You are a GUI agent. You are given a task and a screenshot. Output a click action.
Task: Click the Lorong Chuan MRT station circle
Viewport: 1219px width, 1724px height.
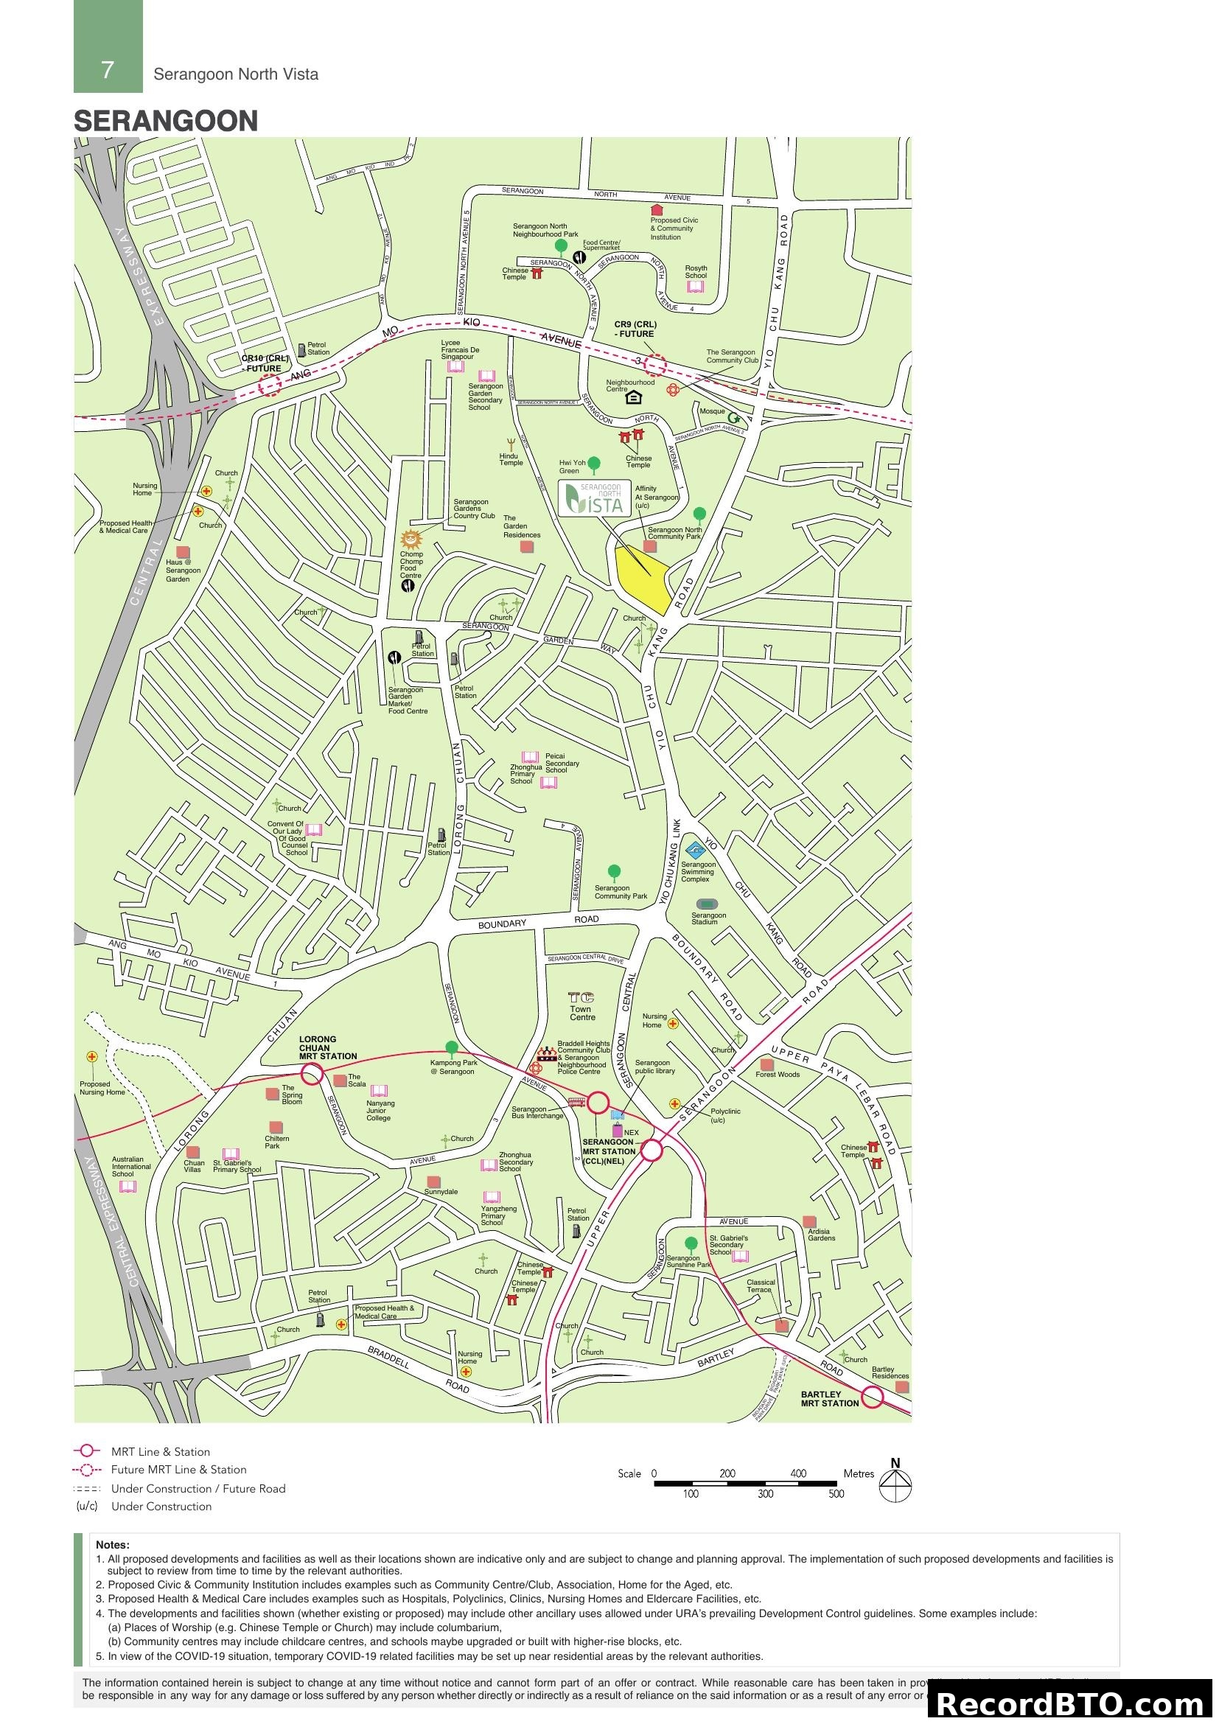[312, 1074]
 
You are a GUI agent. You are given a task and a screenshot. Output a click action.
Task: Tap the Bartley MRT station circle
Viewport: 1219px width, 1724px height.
[872, 1397]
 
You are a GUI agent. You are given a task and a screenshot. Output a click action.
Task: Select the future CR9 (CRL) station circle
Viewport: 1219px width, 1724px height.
[655, 365]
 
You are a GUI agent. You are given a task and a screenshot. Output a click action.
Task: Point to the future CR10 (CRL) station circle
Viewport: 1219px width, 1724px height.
[270, 386]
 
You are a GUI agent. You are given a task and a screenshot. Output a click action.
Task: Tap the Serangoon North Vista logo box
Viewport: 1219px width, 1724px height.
[594, 498]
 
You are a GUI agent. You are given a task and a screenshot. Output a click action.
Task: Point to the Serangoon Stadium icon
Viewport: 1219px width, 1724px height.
[707, 904]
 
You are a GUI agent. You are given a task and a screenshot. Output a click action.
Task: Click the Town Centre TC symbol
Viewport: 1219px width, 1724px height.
[581, 998]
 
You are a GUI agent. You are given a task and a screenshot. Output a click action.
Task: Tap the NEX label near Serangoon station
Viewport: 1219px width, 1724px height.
[632, 1133]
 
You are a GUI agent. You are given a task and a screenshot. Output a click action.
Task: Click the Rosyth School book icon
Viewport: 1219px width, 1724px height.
[696, 287]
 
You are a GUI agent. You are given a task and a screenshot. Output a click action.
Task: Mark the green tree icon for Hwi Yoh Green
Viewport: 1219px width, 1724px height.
[594, 464]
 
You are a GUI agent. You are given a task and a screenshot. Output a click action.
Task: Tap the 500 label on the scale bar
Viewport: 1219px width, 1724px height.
[836, 1494]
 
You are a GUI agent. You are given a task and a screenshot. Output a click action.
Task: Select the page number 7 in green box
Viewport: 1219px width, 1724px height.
[108, 70]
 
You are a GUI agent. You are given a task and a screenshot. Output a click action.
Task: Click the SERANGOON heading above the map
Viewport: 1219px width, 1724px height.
[166, 121]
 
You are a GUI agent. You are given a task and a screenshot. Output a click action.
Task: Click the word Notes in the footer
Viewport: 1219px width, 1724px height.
[113, 1545]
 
